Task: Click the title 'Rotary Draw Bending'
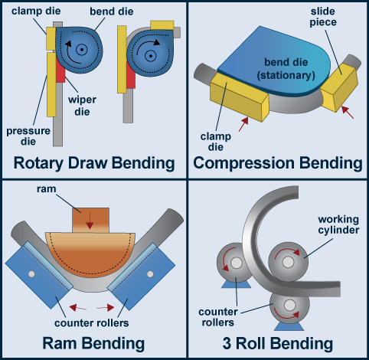click(94, 163)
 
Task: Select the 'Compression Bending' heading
click(278, 163)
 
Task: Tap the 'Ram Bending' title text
click(93, 343)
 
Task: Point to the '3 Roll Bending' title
click(278, 343)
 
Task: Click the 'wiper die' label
click(82, 106)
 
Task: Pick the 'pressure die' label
click(28, 136)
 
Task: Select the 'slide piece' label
click(323, 17)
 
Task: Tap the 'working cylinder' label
click(338, 224)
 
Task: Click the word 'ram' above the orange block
click(47, 189)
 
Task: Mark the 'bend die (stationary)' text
click(286, 69)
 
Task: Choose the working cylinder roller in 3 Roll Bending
click(288, 261)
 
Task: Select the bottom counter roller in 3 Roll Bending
click(289, 306)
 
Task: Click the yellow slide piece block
click(339, 87)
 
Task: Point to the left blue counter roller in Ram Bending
click(39, 275)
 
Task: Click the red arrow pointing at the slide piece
click(348, 113)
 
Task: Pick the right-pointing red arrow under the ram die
click(106, 308)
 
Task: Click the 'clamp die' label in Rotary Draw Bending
click(36, 11)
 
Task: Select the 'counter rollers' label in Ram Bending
click(91, 323)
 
